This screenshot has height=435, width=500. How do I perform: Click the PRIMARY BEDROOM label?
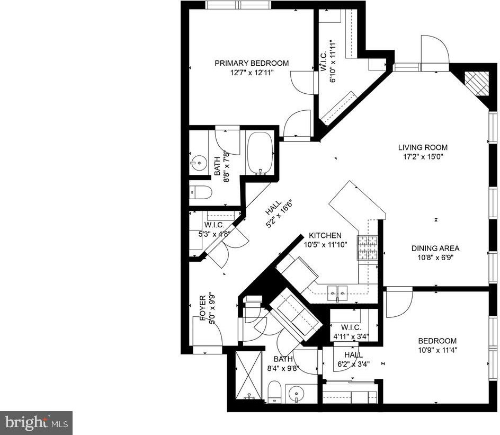click(252, 63)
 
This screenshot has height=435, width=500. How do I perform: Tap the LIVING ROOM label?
click(423, 147)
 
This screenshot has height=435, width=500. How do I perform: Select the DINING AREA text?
click(435, 248)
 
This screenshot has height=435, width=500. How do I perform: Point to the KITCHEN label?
click(325, 235)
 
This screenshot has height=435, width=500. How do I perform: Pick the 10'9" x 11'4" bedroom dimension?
click(438, 350)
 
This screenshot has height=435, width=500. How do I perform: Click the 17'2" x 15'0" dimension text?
click(423, 157)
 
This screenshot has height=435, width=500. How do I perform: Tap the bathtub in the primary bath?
click(260, 154)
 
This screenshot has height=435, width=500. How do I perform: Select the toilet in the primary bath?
click(201, 192)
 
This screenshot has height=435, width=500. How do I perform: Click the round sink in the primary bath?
click(199, 163)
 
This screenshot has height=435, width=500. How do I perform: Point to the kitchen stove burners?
click(368, 247)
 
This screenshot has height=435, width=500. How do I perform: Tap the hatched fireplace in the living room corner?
click(476, 83)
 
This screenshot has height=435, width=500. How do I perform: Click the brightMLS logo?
click(37, 423)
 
